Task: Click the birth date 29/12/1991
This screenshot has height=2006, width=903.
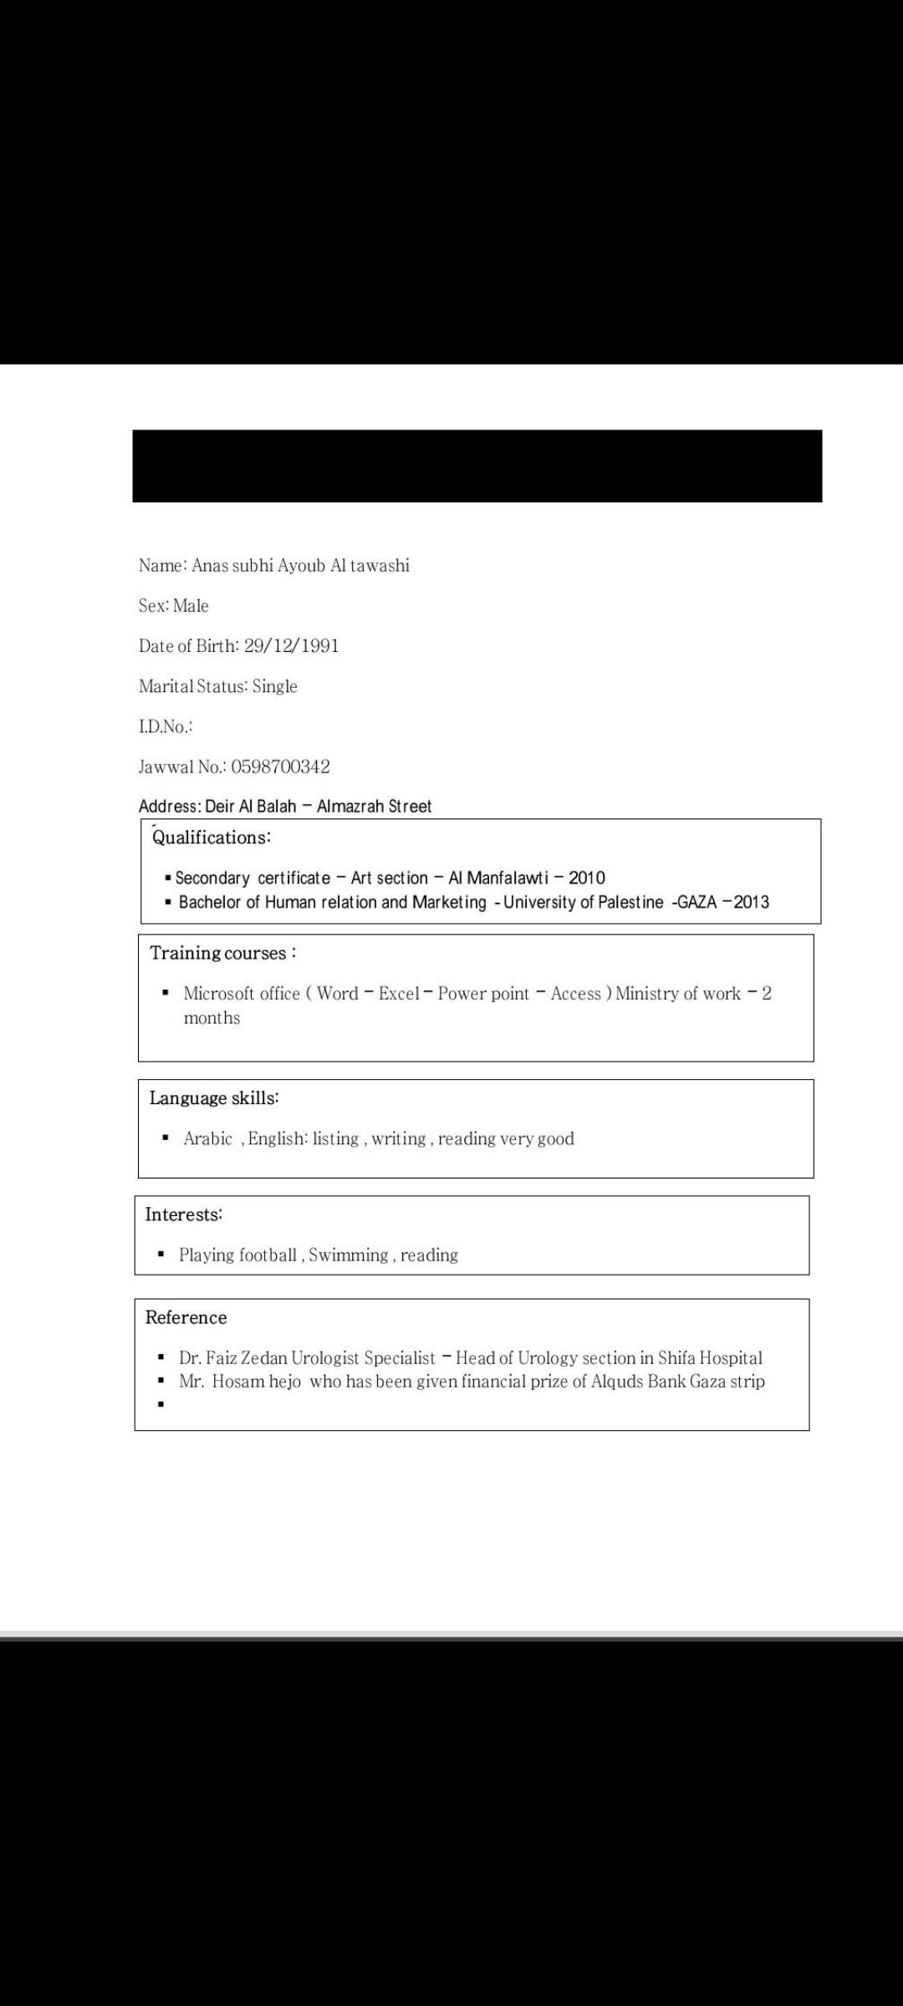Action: tap(291, 646)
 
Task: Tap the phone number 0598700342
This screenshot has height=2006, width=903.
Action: tap(280, 766)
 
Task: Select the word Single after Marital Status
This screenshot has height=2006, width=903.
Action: tap(275, 686)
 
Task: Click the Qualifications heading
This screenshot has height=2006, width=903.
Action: tap(212, 838)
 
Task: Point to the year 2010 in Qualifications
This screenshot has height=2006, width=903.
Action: tap(587, 878)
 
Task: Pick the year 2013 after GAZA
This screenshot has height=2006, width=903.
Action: tap(752, 902)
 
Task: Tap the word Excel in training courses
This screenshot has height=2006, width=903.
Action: tap(399, 994)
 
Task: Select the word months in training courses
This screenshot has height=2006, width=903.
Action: tap(212, 1018)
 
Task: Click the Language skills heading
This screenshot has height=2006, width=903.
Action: tap(214, 1098)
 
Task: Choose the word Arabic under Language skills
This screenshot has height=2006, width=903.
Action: tap(207, 1139)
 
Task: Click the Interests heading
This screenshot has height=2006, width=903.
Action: tap(184, 1214)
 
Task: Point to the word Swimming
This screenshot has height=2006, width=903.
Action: tap(348, 1255)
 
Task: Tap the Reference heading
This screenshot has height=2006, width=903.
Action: tap(186, 1318)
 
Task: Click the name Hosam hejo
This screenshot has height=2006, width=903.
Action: tap(256, 1382)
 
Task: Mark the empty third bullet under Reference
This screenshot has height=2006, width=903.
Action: tap(161, 1405)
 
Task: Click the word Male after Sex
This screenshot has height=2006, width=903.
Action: tap(191, 606)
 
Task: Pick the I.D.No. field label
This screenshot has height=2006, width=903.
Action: tap(166, 726)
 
